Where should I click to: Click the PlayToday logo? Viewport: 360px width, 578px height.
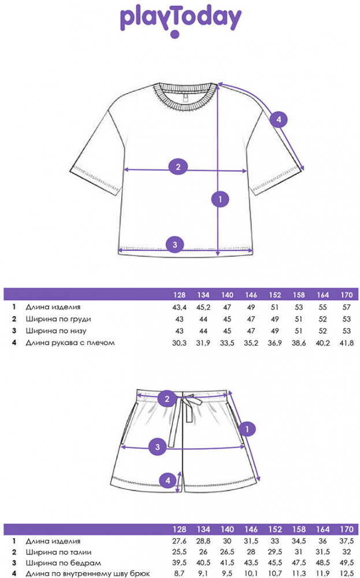point(180,20)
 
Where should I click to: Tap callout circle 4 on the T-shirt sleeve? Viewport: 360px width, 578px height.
point(278,120)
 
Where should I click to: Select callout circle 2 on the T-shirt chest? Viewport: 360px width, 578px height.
point(178,167)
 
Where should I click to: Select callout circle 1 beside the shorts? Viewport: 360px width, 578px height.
point(247,429)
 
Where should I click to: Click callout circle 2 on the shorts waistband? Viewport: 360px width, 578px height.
point(166,398)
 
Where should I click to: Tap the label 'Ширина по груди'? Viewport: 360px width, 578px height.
point(58,319)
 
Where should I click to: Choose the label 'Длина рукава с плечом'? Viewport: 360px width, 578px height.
point(70,343)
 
